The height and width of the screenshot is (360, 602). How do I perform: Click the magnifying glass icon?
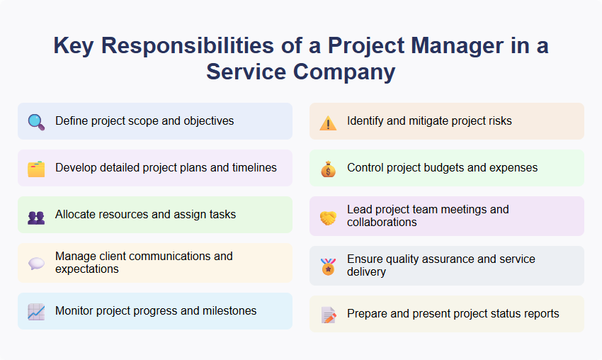click(x=36, y=122)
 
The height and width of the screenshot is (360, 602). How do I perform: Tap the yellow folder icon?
click(x=36, y=169)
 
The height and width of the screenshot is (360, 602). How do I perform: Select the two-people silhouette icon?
click(x=36, y=215)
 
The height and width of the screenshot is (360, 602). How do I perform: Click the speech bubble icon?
click(x=36, y=264)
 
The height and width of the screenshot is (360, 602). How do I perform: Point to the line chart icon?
click(x=36, y=311)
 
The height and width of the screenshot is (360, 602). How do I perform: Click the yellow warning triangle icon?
click(x=328, y=122)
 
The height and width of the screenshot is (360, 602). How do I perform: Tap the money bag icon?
click(x=328, y=169)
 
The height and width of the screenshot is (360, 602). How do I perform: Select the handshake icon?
click(x=328, y=217)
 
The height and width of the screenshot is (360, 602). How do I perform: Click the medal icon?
click(x=328, y=266)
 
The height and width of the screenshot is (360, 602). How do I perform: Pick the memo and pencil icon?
click(x=328, y=315)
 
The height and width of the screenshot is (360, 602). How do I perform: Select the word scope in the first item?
click(x=143, y=121)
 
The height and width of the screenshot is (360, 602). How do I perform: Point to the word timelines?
click(x=251, y=168)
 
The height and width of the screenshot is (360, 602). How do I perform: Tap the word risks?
click(x=498, y=121)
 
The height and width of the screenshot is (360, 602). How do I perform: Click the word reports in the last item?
click(x=540, y=314)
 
